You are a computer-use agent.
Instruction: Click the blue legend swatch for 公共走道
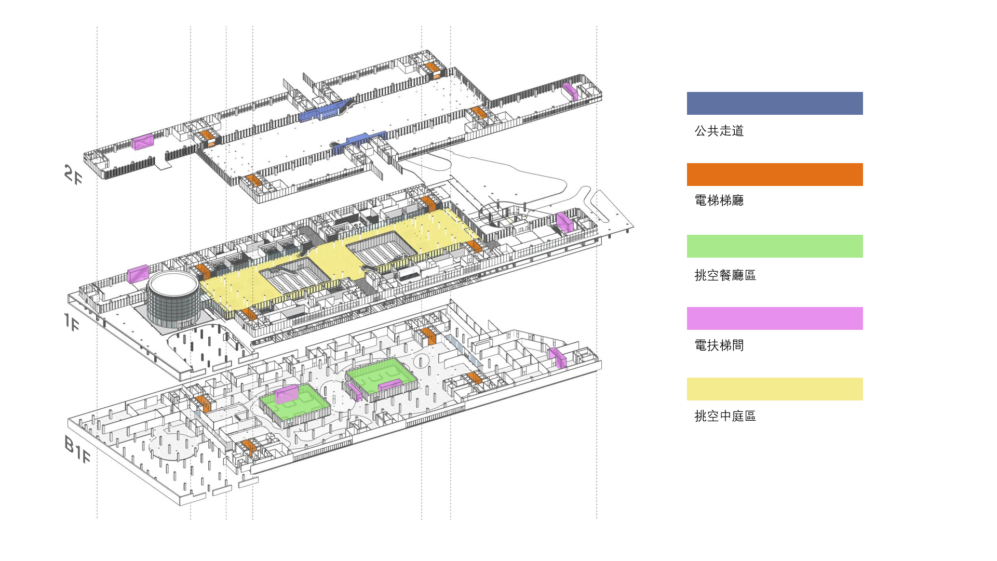click(774, 103)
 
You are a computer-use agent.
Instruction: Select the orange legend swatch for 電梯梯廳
click(774, 175)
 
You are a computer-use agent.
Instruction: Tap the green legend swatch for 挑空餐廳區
click(774, 246)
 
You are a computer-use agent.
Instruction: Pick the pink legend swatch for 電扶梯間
click(774, 318)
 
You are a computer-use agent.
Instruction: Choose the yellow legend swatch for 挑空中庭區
click(774, 389)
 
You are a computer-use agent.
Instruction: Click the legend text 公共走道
click(719, 131)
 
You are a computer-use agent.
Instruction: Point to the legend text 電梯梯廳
click(719, 201)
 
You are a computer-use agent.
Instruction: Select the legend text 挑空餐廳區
click(725, 275)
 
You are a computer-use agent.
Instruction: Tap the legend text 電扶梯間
click(719, 345)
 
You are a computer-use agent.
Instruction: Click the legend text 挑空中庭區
click(725, 416)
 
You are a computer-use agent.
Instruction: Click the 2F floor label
click(73, 175)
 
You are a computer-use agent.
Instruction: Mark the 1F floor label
click(72, 322)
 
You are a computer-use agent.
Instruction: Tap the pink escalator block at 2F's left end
click(143, 141)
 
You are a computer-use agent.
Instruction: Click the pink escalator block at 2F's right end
click(570, 91)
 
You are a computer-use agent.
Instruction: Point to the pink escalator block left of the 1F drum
click(138, 274)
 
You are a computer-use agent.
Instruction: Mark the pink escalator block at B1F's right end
click(557, 357)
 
